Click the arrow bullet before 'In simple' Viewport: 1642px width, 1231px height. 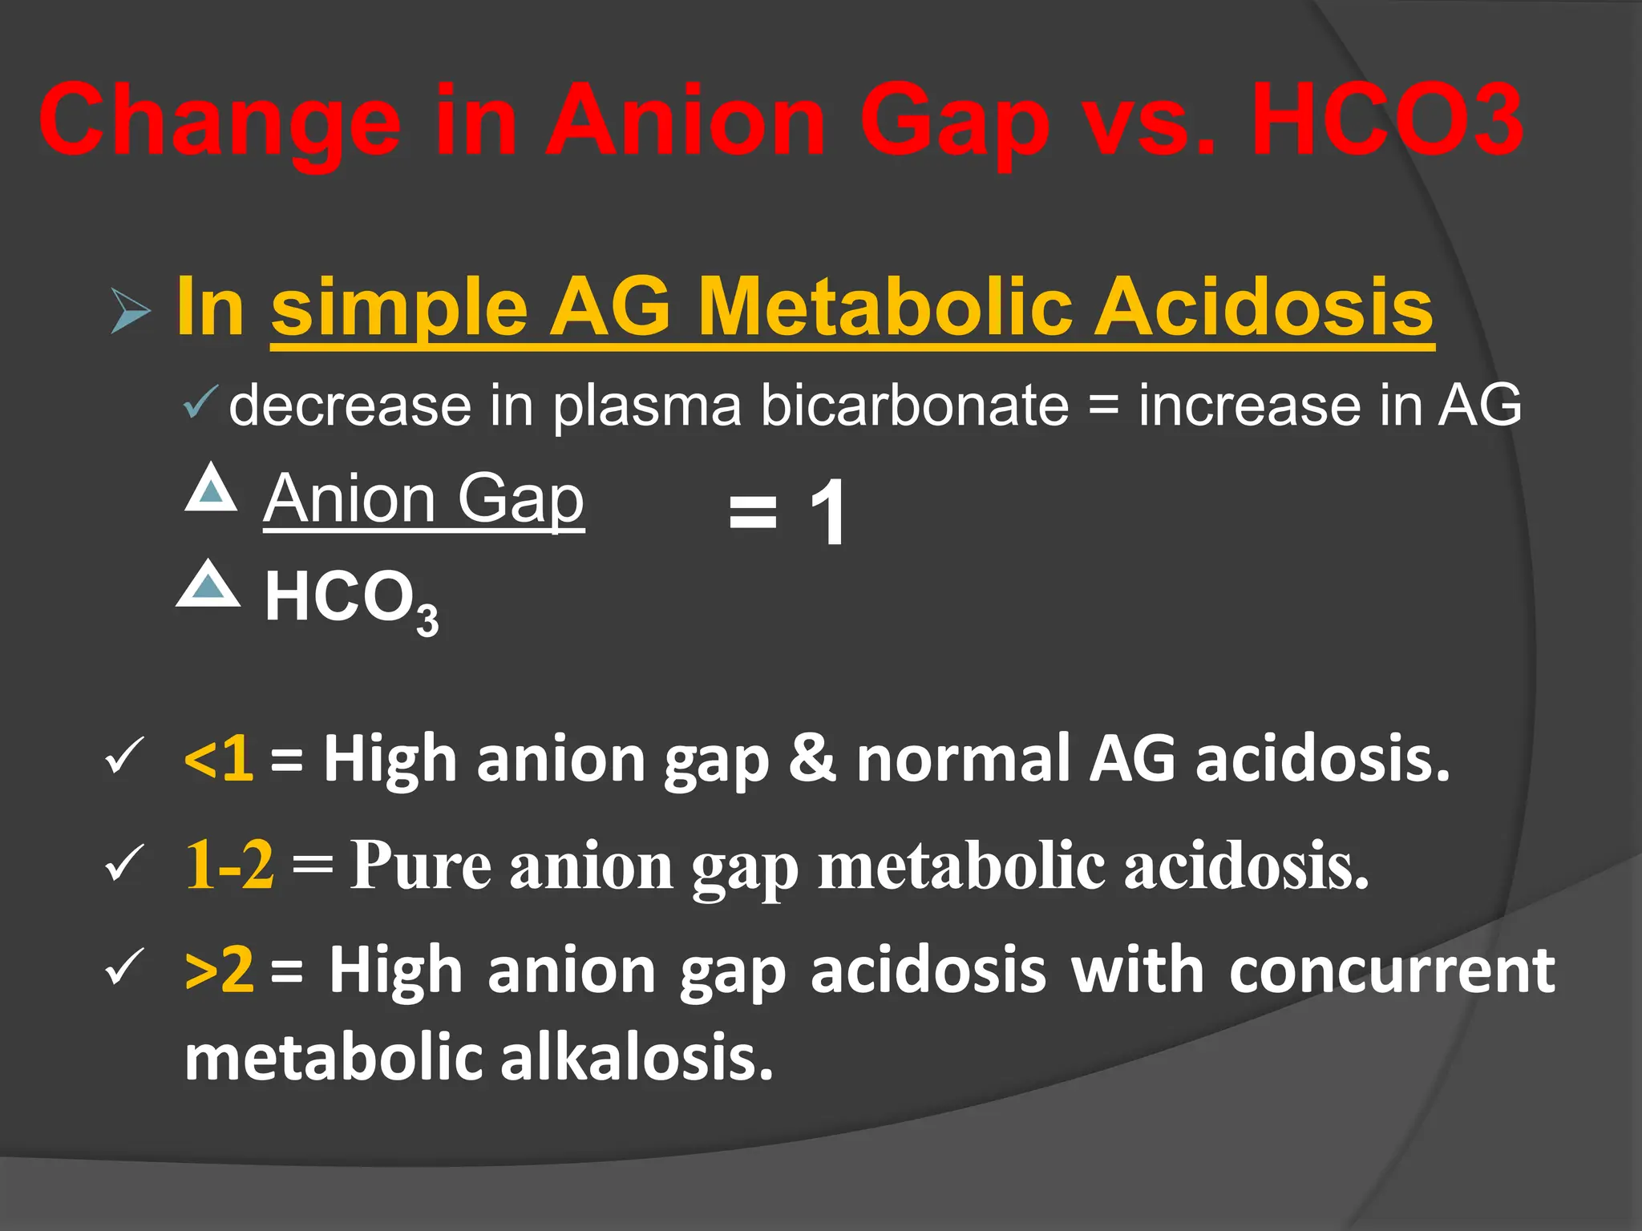(x=130, y=310)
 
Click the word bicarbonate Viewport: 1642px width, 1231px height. (x=914, y=405)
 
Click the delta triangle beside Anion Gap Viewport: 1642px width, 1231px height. (x=211, y=489)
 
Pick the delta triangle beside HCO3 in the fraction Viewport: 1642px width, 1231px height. (x=208, y=584)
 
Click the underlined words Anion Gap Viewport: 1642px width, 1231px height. (x=424, y=498)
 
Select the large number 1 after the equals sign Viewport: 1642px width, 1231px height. (x=827, y=512)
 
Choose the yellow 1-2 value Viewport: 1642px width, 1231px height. (x=229, y=866)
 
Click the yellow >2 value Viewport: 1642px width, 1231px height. (x=219, y=970)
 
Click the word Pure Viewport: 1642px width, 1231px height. (x=421, y=866)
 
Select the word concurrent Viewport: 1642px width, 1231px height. (x=1392, y=970)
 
